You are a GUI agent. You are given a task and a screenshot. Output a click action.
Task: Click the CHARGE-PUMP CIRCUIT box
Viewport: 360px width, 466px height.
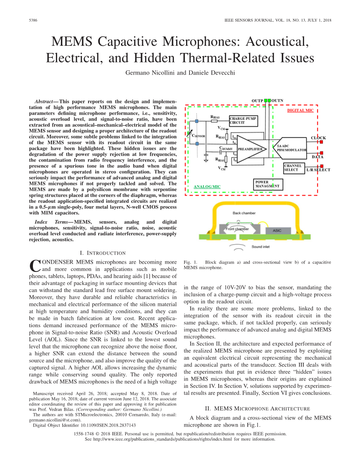point(244,120)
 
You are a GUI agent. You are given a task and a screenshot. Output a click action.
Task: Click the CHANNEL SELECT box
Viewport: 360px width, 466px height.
point(294,168)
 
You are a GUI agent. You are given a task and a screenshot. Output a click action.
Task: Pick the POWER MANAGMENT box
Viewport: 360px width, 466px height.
point(267,184)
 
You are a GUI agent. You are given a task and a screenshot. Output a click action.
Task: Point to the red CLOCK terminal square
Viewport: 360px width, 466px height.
point(321,142)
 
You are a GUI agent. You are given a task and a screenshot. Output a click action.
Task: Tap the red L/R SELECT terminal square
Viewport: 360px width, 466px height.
point(321,166)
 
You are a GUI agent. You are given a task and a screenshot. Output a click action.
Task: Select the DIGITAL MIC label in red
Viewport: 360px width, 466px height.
point(300,110)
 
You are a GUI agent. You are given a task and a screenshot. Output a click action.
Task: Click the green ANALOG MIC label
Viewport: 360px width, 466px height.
point(207,186)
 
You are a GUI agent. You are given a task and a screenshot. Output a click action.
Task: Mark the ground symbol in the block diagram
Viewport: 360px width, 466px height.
point(206,160)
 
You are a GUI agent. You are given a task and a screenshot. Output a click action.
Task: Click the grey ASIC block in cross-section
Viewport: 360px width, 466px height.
point(279,230)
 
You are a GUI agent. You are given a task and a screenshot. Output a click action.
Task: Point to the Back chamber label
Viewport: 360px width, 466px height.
point(244,213)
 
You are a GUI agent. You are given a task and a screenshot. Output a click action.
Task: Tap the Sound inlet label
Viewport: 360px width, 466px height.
point(261,247)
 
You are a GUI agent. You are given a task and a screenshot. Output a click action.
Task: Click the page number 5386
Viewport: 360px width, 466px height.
point(33,20)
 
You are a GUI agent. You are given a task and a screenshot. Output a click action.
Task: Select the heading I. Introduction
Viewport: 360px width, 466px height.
point(103,253)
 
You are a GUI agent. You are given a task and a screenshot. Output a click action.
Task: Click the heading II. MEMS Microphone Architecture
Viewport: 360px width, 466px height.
point(257,409)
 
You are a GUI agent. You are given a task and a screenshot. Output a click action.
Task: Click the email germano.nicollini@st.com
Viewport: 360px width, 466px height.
point(55,420)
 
